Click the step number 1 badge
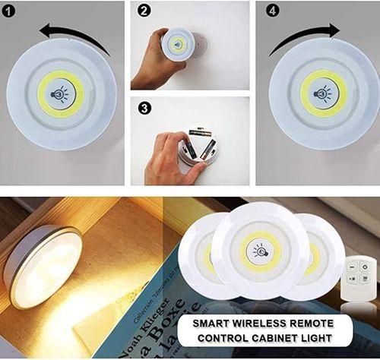click(x=9, y=10)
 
